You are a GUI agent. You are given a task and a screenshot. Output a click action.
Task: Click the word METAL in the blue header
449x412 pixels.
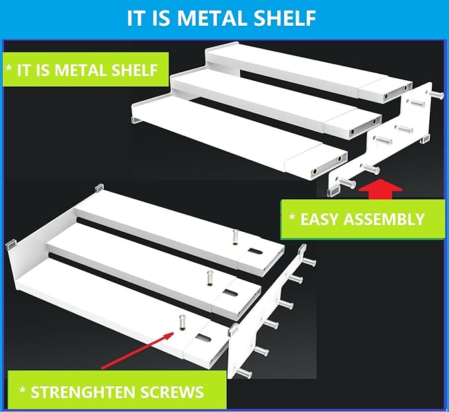point(212,18)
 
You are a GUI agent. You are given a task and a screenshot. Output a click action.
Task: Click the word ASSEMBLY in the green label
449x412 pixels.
point(384,219)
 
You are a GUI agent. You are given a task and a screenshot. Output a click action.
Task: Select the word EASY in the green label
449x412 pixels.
point(319,219)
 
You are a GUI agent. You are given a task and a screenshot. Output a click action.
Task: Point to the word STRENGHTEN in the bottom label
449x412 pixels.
point(79,392)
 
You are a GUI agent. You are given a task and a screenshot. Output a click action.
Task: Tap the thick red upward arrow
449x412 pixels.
point(381,189)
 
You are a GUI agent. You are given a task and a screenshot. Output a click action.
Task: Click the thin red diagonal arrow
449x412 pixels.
point(138,350)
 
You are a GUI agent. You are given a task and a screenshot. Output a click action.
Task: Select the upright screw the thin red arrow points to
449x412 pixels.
point(182,322)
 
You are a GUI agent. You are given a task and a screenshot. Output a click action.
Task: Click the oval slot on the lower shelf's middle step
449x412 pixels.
point(231,293)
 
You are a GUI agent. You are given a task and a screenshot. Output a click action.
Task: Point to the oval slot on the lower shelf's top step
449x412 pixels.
point(255,252)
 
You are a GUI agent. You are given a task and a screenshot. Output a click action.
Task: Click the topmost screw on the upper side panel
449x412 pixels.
point(436,95)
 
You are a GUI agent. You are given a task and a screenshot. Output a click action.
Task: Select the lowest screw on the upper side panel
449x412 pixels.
point(347,182)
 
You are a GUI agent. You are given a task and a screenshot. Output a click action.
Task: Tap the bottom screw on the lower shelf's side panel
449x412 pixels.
point(243,373)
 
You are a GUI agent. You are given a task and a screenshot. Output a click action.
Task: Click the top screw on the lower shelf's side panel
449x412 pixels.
point(309,262)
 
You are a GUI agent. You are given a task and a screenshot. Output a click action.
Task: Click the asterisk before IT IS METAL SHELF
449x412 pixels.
point(9,69)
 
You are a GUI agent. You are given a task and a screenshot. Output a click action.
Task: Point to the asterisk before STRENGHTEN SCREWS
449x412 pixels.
point(22,390)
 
